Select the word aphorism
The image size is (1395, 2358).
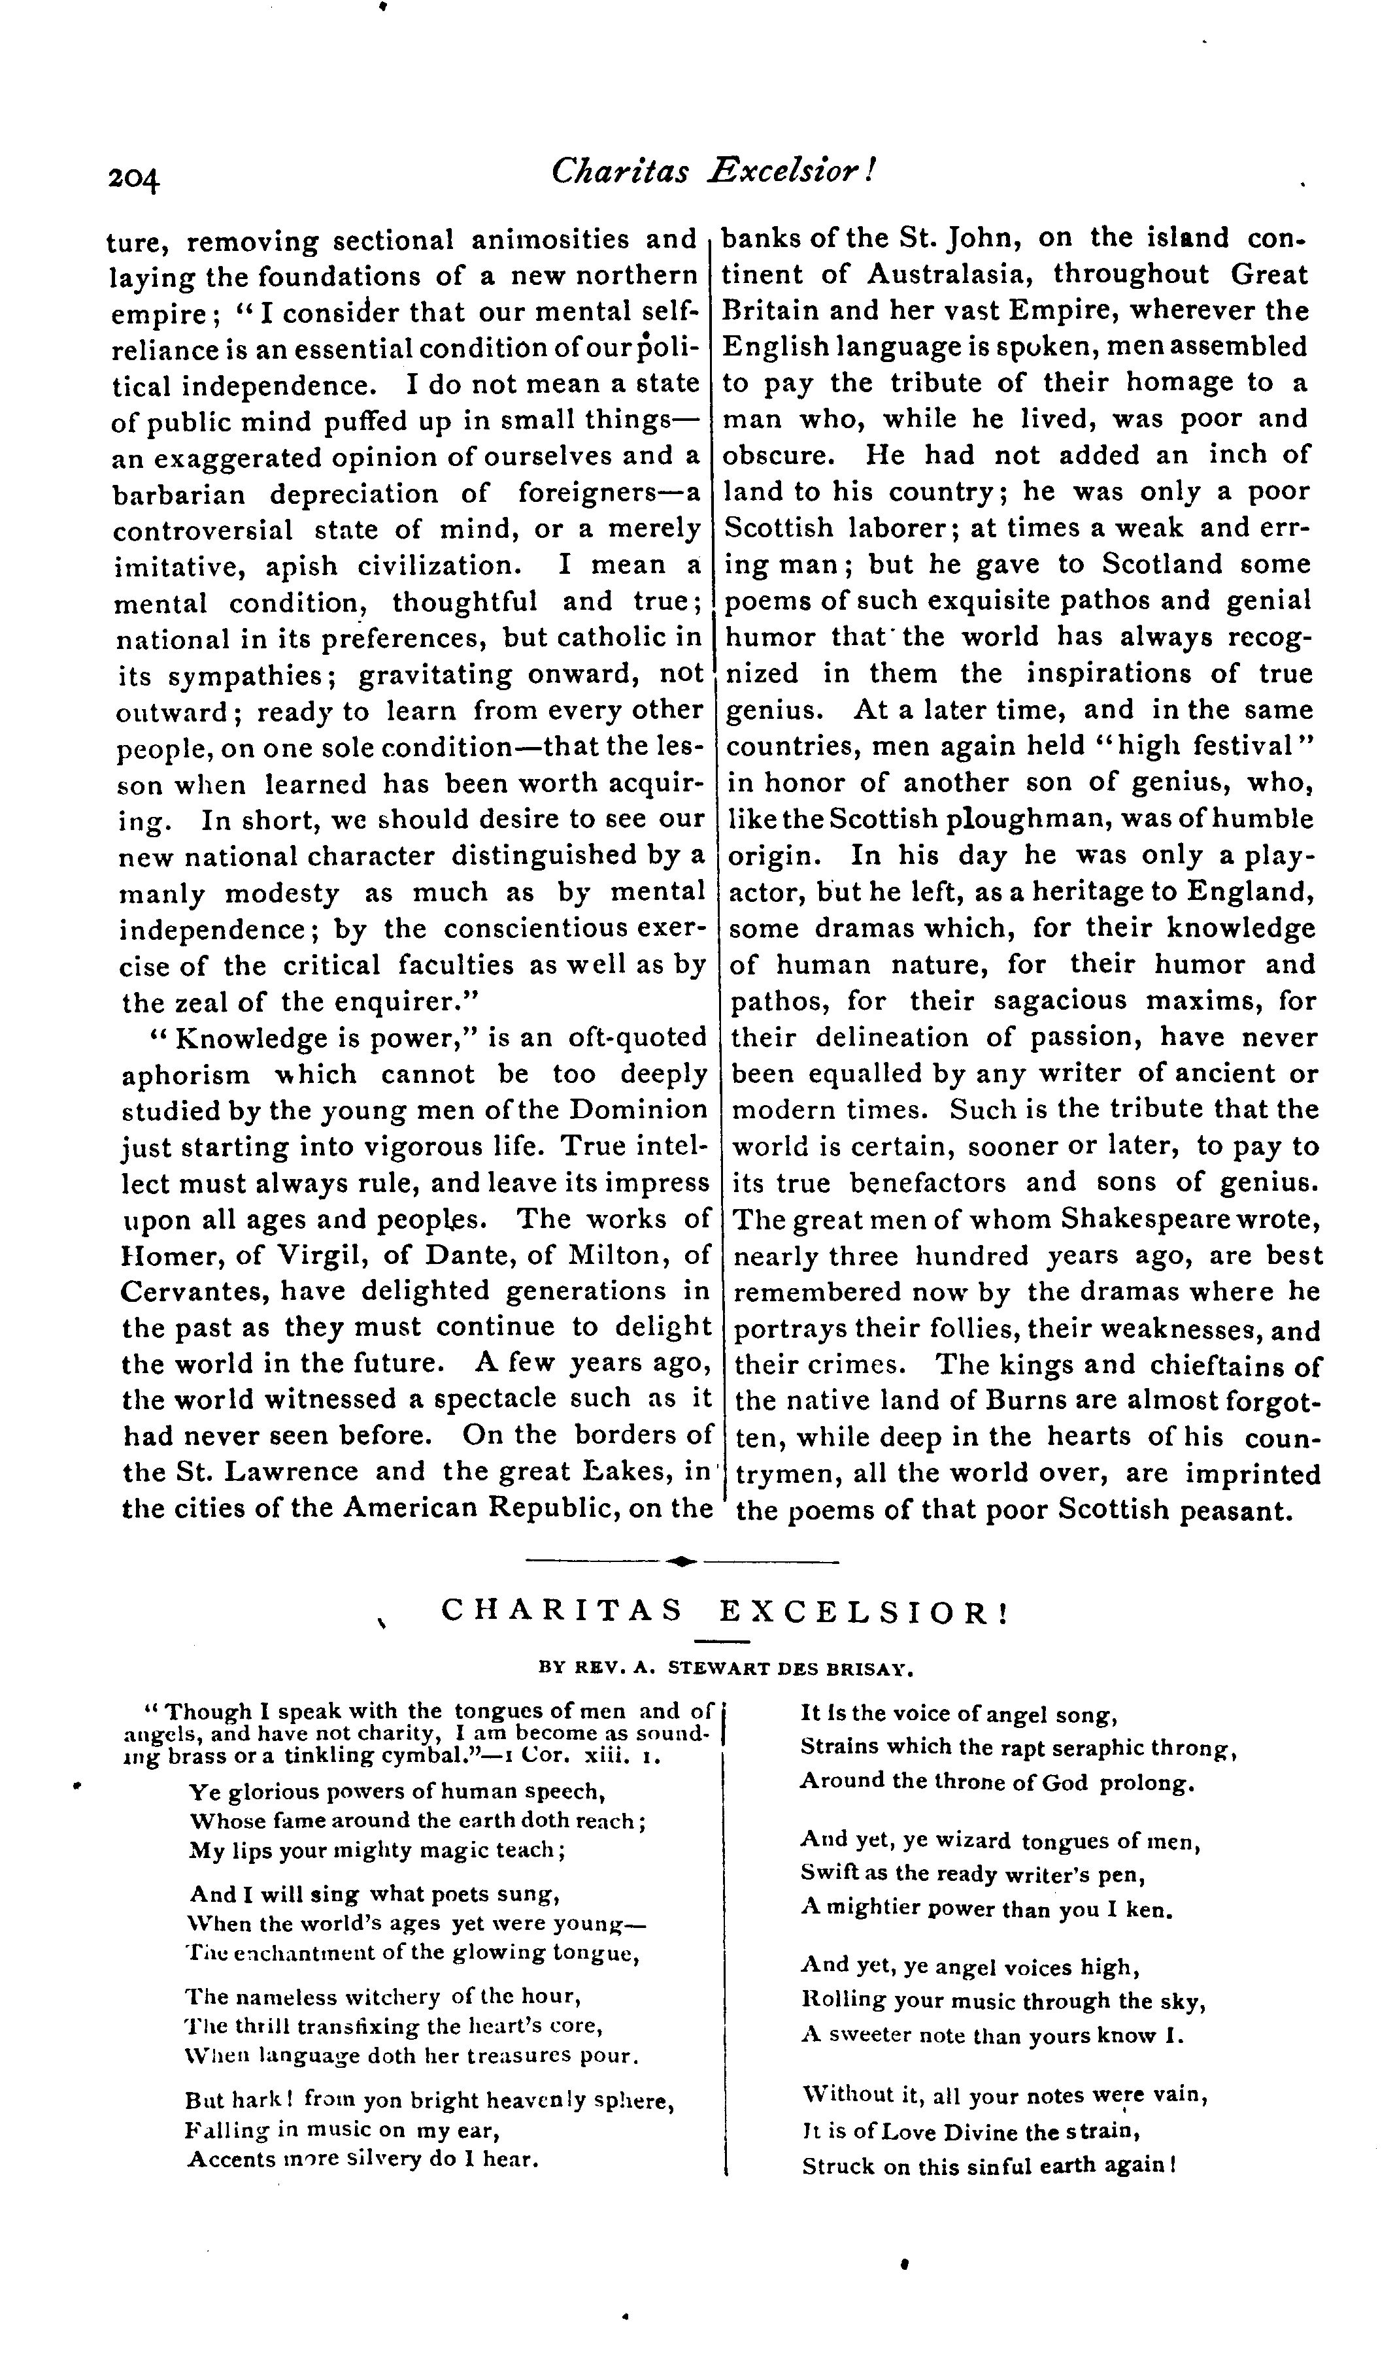[186, 1074]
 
